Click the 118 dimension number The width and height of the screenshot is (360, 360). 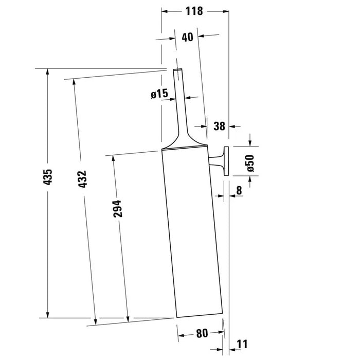point(194,11)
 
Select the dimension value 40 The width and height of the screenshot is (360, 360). point(188,37)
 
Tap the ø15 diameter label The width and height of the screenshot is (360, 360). point(159,94)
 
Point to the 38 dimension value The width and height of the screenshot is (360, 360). point(219,126)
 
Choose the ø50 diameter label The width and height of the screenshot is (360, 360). point(250,163)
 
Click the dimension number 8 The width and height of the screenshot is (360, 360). point(239,190)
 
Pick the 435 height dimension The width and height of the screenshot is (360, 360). point(48,177)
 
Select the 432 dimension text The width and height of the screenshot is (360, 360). point(82,179)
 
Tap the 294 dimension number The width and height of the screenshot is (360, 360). point(117,209)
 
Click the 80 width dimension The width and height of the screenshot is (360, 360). point(202,333)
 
